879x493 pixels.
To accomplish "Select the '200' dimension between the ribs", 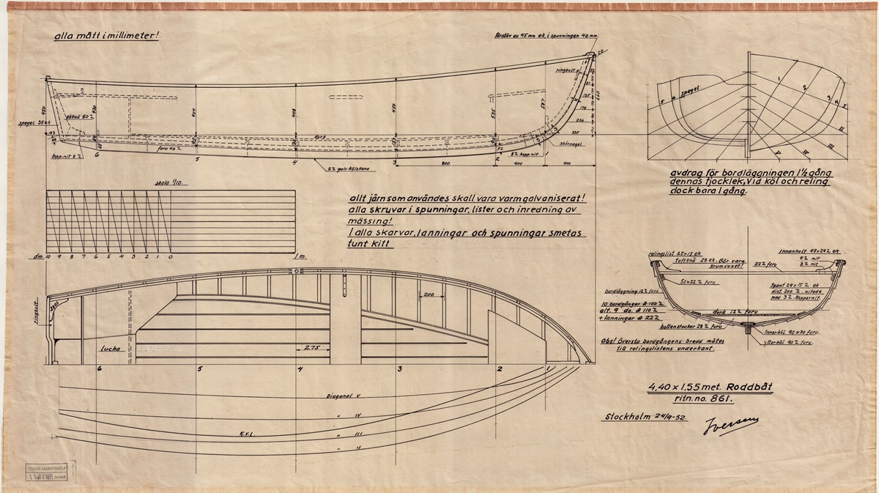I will point(429,294).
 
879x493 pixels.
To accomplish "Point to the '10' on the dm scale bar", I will point(48,257).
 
